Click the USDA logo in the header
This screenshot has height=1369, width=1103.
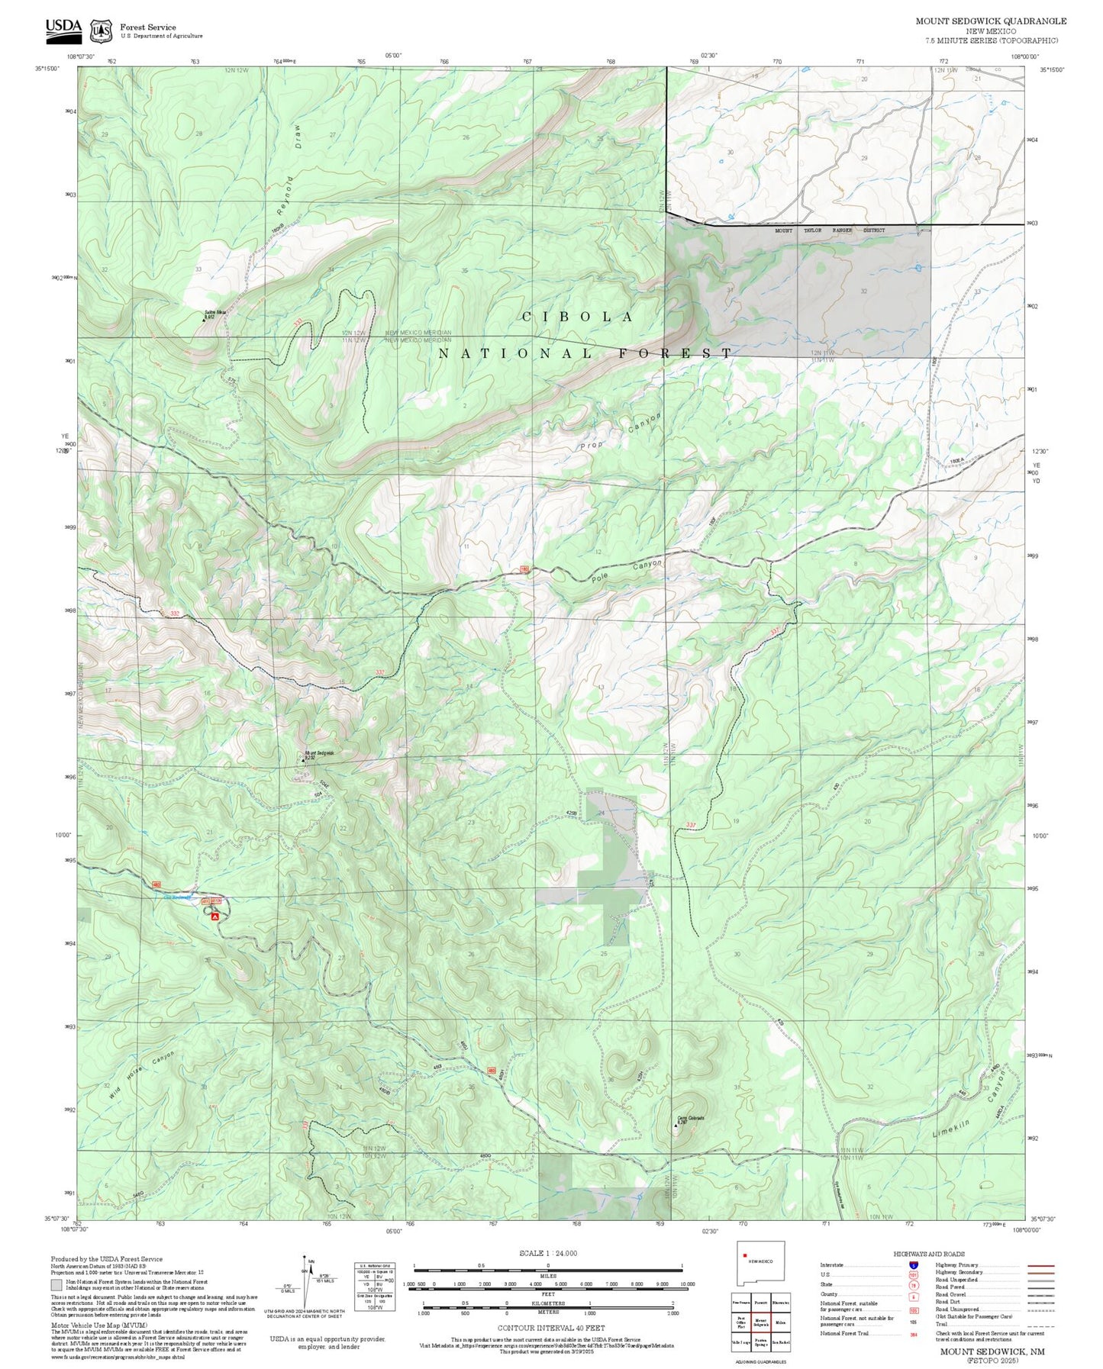pos(63,28)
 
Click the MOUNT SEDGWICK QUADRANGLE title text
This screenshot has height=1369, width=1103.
pos(991,21)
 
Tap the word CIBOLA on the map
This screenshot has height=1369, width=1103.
pos(578,317)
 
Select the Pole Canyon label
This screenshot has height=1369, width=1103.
pos(627,572)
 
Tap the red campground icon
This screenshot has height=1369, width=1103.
pos(215,916)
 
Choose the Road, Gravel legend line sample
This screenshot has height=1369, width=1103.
pos(1041,1296)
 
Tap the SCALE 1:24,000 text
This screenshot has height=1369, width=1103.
pos(548,1253)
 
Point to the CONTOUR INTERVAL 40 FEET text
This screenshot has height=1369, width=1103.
pos(550,1328)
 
